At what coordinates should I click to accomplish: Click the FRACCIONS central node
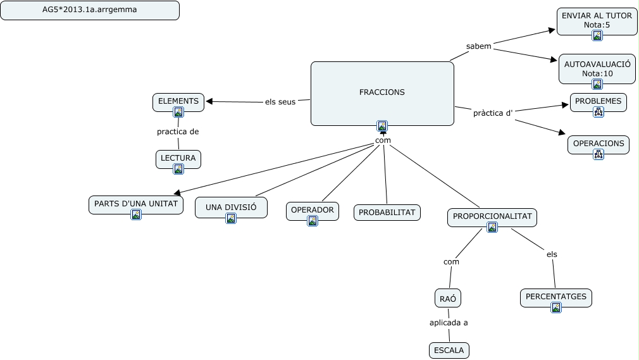click(x=382, y=92)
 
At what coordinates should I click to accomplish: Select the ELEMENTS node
click(x=178, y=101)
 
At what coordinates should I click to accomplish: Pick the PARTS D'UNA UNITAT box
click(x=136, y=204)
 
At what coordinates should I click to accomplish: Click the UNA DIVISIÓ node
click(x=231, y=207)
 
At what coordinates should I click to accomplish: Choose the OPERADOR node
click(x=312, y=210)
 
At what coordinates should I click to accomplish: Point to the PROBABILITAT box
click(x=387, y=213)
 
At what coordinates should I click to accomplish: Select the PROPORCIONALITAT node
click(x=492, y=217)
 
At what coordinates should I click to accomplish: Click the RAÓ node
click(x=447, y=297)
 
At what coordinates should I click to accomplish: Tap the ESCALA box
click(x=449, y=350)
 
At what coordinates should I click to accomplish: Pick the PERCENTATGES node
click(x=556, y=297)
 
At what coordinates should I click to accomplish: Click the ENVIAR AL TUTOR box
click(x=597, y=20)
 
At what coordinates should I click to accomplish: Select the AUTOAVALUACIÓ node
click(x=597, y=68)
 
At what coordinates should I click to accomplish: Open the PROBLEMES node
click(x=599, y=101)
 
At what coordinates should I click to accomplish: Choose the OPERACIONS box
click(x=599, y=144)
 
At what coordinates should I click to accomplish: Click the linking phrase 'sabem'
click(x=478, y=46)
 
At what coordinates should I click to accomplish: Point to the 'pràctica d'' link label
click(x=492, y=113)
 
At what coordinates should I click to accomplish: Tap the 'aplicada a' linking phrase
click(x=449, y=323)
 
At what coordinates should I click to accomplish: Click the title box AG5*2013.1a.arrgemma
click(x=90, y=10)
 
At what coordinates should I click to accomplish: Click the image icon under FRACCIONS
click(x=382, y=125)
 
